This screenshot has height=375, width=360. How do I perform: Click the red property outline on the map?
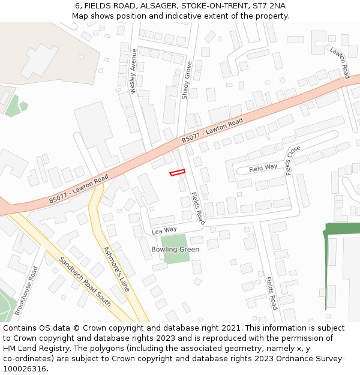[x=177, y=173]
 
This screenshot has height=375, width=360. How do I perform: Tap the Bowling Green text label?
[x=175, y=249]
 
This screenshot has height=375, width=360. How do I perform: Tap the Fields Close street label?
[x=293, y=160]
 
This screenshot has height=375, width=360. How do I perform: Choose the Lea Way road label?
[x=164, y=230]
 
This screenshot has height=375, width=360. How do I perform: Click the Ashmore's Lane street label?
[x=116, y=269]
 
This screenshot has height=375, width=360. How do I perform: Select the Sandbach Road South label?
[x=85, y=281]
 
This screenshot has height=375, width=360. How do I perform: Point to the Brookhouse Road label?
[x=26, y=291]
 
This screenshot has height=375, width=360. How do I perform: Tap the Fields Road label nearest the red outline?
[x=198, y=208]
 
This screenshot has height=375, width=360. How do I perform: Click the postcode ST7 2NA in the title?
[x=269, y=6]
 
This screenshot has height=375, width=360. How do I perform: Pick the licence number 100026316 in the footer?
[x=25, y=369]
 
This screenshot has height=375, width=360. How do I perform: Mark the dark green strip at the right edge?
[x=342, y=229]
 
